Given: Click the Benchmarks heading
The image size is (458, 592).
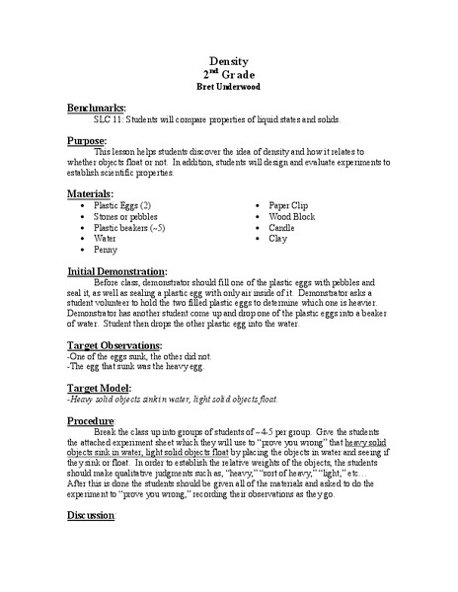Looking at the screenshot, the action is pyautogui.click(x=97, y=106).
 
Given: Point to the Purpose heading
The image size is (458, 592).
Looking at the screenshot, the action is pyautogui.click(x=88, y=141).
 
